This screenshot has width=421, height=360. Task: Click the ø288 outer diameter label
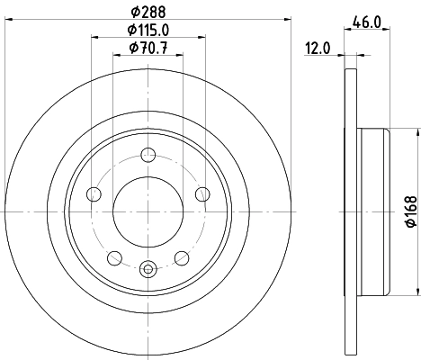pyautogui.click(x=148, y=12)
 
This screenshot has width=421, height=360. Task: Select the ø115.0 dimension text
pyautogui.click(x=148, y=31)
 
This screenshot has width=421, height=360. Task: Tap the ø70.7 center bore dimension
pyautogui.click(x=148, y=49)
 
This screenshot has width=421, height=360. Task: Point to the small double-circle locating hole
pyautogui.click(x=148, y=265)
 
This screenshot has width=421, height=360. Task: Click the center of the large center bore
pyautogui.click(x=148, y=211)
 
